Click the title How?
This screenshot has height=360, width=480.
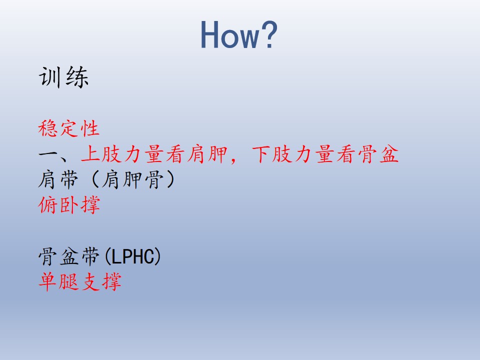click(x=239, y=34)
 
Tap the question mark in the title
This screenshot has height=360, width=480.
click(x=269, y=34)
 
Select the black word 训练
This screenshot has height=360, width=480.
click(x=63, y=77)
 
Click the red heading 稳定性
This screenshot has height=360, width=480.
click(x=69, y=128)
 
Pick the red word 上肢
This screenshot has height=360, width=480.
click(x=101, y=154)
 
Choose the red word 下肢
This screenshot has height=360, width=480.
click(x=272, y=154)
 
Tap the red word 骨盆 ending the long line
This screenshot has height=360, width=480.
click(x=378, y=154)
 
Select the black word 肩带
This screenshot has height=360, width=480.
click(x=58, y=179)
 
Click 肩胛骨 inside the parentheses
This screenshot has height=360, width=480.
click(x=132, y=179)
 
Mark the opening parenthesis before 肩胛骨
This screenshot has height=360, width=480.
click(x=95, y=179)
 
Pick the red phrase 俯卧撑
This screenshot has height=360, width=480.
click(x=69, y=205)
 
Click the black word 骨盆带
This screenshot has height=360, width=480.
click(x=69, y=256)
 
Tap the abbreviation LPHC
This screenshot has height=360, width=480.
click(x=132, y=256)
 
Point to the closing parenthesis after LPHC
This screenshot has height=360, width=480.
click(x=157, y=256)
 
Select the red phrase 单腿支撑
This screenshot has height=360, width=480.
click(x=80, y=282)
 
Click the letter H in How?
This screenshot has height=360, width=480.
click(x=210, y=34)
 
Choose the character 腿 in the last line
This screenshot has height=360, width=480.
click(x=69, y=282)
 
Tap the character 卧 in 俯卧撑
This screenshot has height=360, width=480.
click(x=69, y=205)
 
